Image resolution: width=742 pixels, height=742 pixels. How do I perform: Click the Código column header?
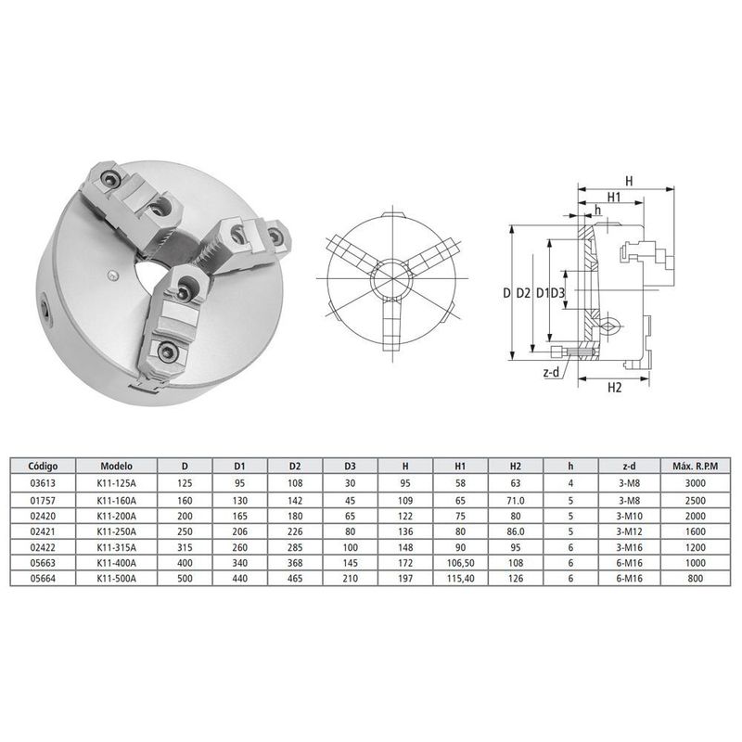coord(43,467)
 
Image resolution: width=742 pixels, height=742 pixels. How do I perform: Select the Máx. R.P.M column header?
coord(695,467)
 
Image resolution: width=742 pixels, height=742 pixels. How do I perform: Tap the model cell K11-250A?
coord(117,531)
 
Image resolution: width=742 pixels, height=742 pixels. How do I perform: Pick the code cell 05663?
coord(43,563)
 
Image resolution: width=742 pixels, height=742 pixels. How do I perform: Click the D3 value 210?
coord(351,578)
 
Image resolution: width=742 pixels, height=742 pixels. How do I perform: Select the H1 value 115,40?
coord(460,578)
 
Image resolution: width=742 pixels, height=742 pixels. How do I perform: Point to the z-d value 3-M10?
coord(630,516)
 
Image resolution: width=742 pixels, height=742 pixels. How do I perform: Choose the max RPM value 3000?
coord(695,483)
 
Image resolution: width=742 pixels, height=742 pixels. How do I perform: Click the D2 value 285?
coord(295,547)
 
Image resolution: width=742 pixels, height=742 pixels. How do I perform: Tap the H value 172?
coord(405,563)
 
